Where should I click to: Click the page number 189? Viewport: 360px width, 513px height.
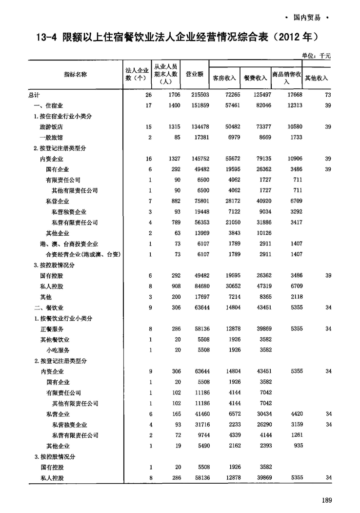(326, 499)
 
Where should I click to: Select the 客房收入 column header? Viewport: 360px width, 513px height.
(224, 78)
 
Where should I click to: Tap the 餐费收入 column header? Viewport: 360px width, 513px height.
(255, 78)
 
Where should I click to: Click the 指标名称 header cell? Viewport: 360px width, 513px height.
(75, 74)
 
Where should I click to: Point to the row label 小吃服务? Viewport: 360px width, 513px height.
(58, 350)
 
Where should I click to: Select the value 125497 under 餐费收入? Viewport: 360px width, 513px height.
(259, 95)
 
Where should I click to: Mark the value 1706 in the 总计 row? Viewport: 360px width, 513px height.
(172, 95)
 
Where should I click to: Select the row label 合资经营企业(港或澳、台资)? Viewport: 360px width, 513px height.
(83, 254)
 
